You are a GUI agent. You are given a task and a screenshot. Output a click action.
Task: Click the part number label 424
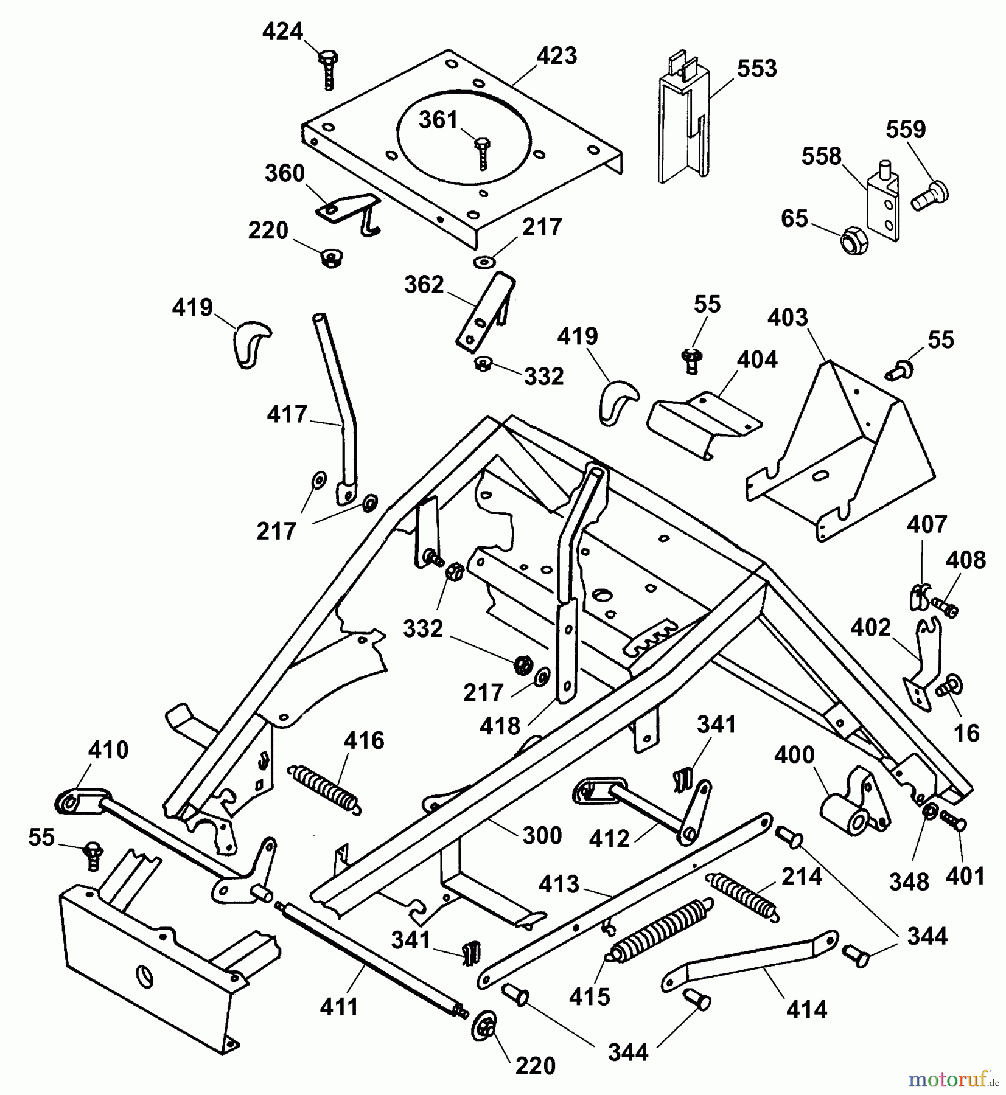point(282,31)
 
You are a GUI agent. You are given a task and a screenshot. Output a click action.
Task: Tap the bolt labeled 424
point(327,69)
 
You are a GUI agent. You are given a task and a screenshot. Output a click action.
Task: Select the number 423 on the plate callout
point(556,56)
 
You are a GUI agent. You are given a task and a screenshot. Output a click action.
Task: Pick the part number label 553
point(756,69)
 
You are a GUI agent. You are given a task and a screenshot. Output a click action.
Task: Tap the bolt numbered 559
point(930,195)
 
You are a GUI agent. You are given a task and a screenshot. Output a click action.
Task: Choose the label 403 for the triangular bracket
point(788,318)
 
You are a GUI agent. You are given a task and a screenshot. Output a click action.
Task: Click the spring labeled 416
point(323,789)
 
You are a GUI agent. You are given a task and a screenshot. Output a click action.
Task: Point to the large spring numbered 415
point(658,934)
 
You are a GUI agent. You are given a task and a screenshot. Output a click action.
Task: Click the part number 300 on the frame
point(542,835)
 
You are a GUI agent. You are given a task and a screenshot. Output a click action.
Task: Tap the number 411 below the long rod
point(339,1007)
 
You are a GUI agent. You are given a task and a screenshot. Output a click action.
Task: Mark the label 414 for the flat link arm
point(806,1010)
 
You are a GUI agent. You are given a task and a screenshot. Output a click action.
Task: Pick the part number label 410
point(108,750)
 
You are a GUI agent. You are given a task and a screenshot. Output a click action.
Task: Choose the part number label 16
point(966,733)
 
